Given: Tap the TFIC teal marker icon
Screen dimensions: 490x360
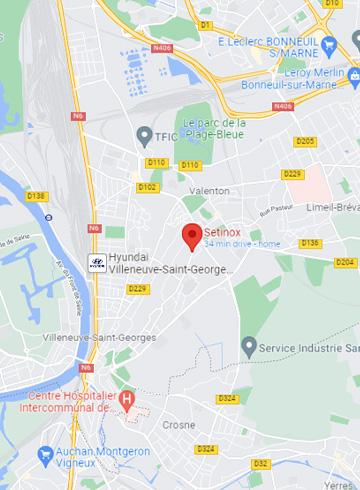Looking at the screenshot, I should [x=146, y=132].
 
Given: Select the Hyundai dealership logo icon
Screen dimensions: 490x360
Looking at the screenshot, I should [x=96, y=264].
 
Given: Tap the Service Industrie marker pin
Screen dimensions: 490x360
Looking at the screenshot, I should [x=248, y=346].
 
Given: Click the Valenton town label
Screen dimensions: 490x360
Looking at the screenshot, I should [x=208, y=190].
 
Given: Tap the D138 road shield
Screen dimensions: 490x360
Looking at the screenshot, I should [x=36, y=195].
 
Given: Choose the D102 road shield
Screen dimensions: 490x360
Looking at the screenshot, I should [x=147, y=186].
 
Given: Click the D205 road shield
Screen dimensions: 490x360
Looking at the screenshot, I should [x=305, y=141].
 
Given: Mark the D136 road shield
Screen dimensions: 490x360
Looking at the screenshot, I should [x=310, y=243].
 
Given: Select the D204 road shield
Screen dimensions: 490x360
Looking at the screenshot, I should [x=344, y=262].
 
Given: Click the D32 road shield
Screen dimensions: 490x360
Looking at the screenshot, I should [x=260, y=463].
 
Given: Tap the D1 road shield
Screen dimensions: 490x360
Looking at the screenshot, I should [x=206, y=23].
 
